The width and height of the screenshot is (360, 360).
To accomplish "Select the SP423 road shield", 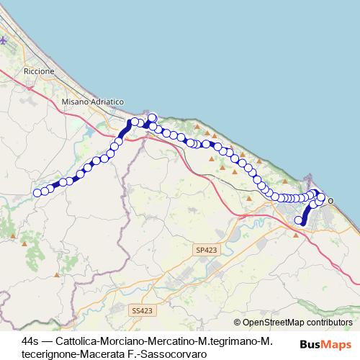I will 204,249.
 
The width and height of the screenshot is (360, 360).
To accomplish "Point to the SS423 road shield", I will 143,310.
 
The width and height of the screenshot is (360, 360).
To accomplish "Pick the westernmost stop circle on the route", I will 37,192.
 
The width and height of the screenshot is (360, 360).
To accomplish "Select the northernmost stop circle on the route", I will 152,117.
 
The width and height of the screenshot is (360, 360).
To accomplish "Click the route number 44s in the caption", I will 32,341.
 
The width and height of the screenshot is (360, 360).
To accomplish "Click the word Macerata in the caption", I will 106,354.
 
